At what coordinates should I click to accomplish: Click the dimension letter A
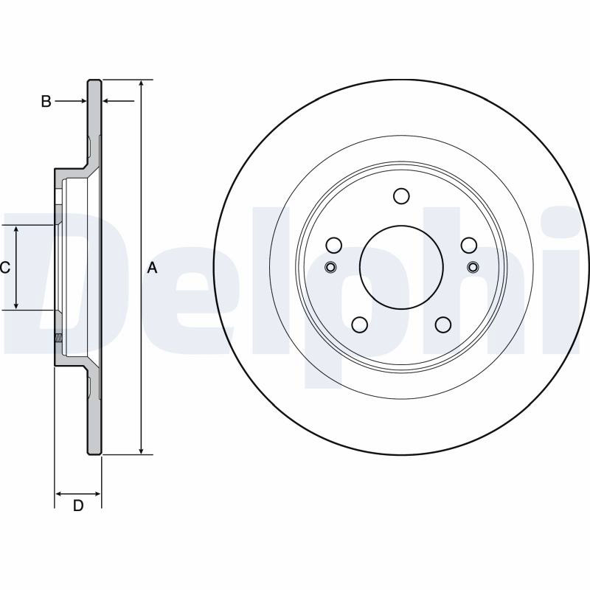click(152, 268)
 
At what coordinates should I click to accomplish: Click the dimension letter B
click(46, 101)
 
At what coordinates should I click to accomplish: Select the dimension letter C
click(5, 268)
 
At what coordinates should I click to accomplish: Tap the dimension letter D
click(78, 506)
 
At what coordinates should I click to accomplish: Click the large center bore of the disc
click(401, 267)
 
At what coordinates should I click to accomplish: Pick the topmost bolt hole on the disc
click(401, 196)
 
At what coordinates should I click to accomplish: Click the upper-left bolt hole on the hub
click(334, 246)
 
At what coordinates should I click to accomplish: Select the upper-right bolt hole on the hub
click(469, 246)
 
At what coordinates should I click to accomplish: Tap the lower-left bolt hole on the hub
click(360, 324)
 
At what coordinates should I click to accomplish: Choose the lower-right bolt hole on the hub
click(443, 324)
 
